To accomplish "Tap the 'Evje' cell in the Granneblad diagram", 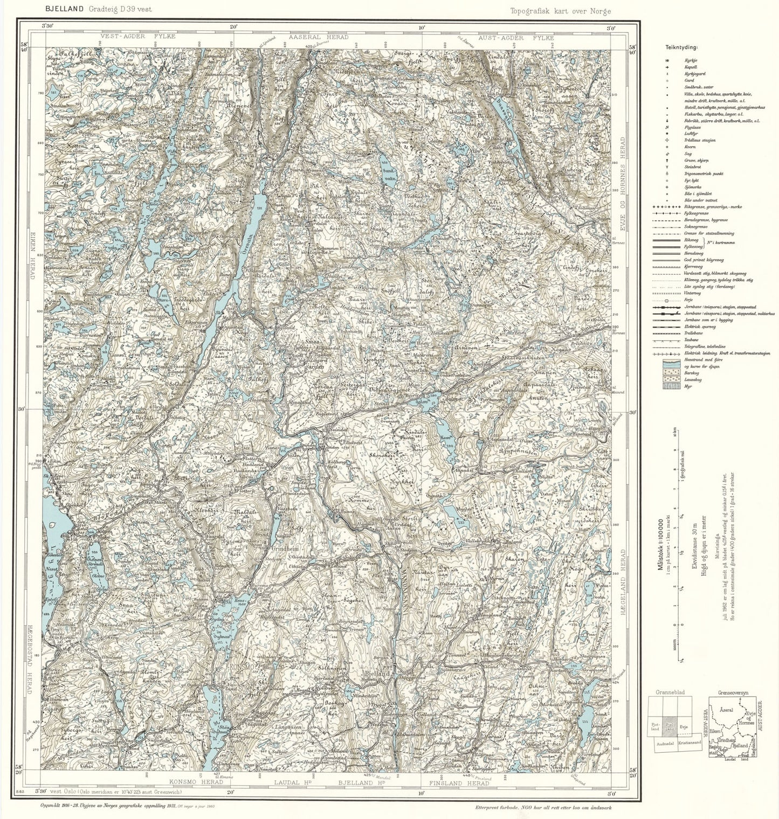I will coord(684,726).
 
